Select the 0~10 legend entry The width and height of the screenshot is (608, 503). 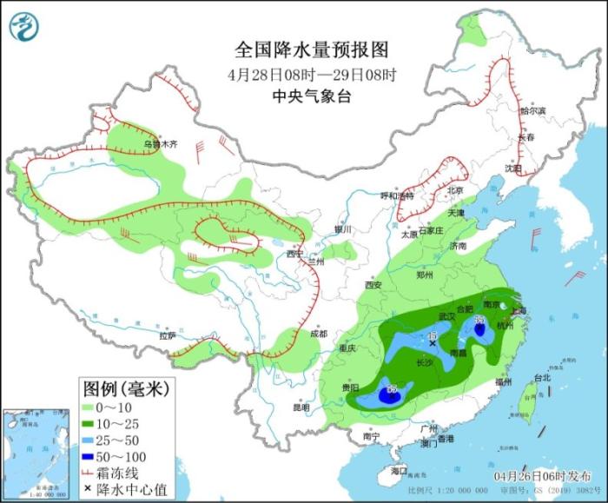[113, 406]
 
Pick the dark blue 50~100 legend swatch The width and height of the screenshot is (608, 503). [90, 454]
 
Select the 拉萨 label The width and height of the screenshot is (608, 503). [167, 335]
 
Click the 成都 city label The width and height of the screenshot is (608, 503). [319, 334]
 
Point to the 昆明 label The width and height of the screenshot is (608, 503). [301, 406]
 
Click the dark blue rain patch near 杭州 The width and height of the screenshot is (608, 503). [479, 328]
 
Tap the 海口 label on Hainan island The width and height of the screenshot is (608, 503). [399, 470]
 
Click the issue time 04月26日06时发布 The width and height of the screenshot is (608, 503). [552, 476]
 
